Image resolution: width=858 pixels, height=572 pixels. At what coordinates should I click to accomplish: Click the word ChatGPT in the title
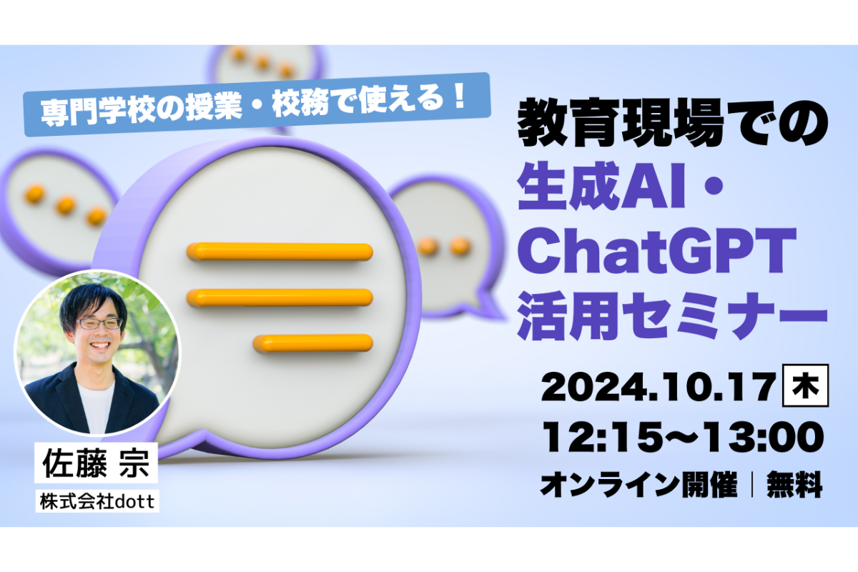tap(657, 252)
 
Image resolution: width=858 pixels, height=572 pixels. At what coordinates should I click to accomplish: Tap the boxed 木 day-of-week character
tap(805, 385)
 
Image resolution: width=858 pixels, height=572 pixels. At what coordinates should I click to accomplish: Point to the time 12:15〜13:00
tap(683, 437)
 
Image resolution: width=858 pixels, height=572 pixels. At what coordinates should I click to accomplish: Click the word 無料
tap(794, 484)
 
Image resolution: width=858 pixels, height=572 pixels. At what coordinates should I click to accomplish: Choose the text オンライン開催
tap(639, 484)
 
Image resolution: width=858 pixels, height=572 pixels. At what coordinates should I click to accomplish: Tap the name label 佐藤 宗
tap(96, 463)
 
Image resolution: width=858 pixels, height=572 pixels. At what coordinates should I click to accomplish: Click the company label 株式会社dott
tap(97, 501)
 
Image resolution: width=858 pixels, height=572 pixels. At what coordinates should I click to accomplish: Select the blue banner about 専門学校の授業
tap(257, 104)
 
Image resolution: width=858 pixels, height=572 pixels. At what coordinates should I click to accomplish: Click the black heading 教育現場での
tap(673, 122)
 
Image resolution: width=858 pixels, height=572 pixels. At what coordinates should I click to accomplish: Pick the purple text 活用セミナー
tap(673, 317)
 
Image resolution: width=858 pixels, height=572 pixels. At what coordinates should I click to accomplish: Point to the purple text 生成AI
tap(601, 185)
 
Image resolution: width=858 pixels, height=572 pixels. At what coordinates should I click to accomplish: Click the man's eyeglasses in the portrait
tap(99, 324)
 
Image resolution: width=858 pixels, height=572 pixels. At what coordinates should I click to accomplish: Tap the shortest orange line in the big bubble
tap(312, 343)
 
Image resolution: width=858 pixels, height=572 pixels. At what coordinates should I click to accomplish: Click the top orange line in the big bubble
tap(280, 252)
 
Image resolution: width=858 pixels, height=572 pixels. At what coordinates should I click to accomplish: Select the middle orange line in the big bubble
tap(280, 297)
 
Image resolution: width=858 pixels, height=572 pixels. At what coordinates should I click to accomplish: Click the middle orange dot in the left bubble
tap(66, 205)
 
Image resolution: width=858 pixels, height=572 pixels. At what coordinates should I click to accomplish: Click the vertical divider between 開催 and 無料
tap(753, 485)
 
